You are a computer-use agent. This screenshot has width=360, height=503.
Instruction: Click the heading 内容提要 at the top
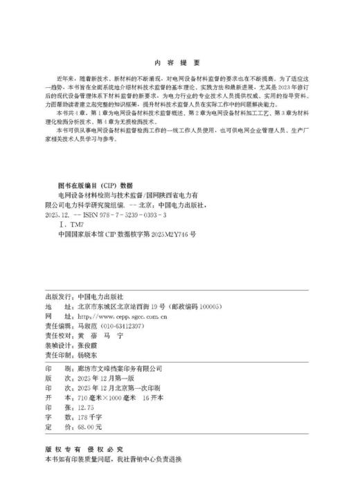coord(179,61)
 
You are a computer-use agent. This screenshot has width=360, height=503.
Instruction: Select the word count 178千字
coord(86,399)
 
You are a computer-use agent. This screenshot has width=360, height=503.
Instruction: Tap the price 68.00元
coord(86,410)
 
